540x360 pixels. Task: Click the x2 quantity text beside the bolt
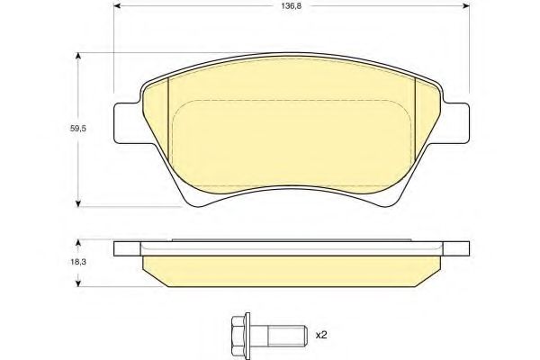319,335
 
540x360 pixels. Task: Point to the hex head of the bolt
238,334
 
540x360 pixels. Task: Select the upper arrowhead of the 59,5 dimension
80,57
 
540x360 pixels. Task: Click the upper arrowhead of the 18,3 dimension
80,242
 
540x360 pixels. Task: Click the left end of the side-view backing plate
126,248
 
